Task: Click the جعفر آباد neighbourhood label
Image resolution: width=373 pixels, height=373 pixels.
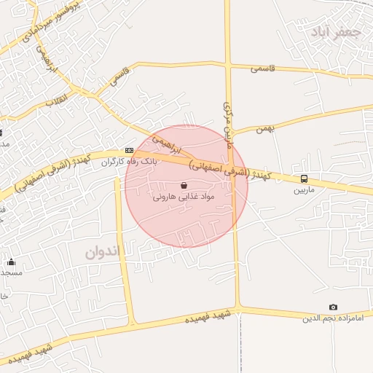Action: click(335, 32)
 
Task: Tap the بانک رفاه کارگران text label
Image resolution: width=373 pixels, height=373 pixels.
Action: click(129, 161)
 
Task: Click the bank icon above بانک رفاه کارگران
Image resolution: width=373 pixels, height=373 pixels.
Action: click(129, 150)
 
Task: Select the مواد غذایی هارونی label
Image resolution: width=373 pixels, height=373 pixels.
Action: click(183, 197)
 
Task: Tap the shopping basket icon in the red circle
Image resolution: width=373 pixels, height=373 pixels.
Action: click(183, 185)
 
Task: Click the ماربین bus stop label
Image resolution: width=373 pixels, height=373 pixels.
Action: click(304, 190)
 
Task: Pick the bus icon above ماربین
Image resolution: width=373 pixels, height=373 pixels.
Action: click(304, 178)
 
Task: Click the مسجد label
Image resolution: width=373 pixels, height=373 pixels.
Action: click(12, 272)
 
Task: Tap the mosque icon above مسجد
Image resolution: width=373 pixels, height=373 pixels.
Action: click(11, 262)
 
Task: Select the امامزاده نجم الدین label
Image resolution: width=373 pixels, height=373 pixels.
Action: click(333, 318)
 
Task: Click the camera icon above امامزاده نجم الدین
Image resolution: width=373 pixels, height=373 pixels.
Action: click(333, 307)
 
